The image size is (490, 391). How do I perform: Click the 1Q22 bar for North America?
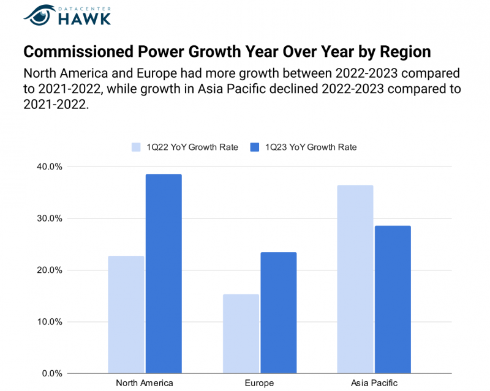(x=126, y=315)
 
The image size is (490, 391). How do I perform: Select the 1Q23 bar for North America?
(x=164, y=274)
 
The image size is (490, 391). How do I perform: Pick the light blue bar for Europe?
(x=241, y=333)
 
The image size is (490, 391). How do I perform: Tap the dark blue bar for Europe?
(x=278, y=313)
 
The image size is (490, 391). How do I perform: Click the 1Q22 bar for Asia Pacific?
(x=355, y=279)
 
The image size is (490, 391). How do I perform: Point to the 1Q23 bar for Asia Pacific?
(x=393, y=299)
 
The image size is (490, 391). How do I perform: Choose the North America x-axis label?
(x=144, y=383)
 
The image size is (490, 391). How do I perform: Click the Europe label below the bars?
(x=260, y=383)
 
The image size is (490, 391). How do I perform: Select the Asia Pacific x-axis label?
(x=374, y=383)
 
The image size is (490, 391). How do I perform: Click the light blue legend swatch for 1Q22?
(x=137, y=147)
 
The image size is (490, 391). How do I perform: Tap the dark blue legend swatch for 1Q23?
(x=255, y=147)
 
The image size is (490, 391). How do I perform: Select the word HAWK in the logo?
(x=85, y=18)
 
